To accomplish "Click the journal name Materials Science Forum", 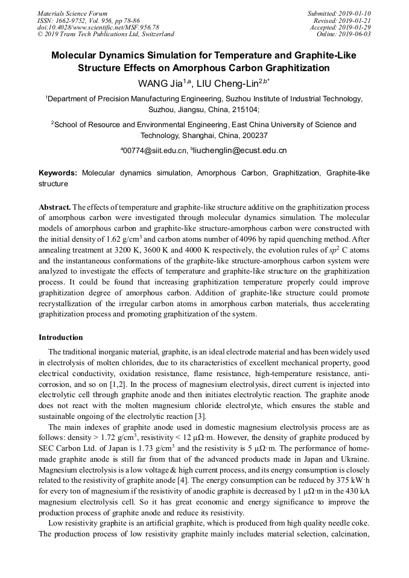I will pyautogui.click(x=72, y=13).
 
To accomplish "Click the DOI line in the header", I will pyautogui.click(x=98, y=27).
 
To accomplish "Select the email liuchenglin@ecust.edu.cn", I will pyautogui.click(x=240, y=150).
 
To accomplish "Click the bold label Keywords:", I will pyautogui.click(x=58, y=172).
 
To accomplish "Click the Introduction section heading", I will pyautogui.click(x=61, y=337).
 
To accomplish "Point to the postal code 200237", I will pyautogui.click(x=253, y=136).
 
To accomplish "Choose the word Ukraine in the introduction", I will pyautogui.click(x=355, y=459).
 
